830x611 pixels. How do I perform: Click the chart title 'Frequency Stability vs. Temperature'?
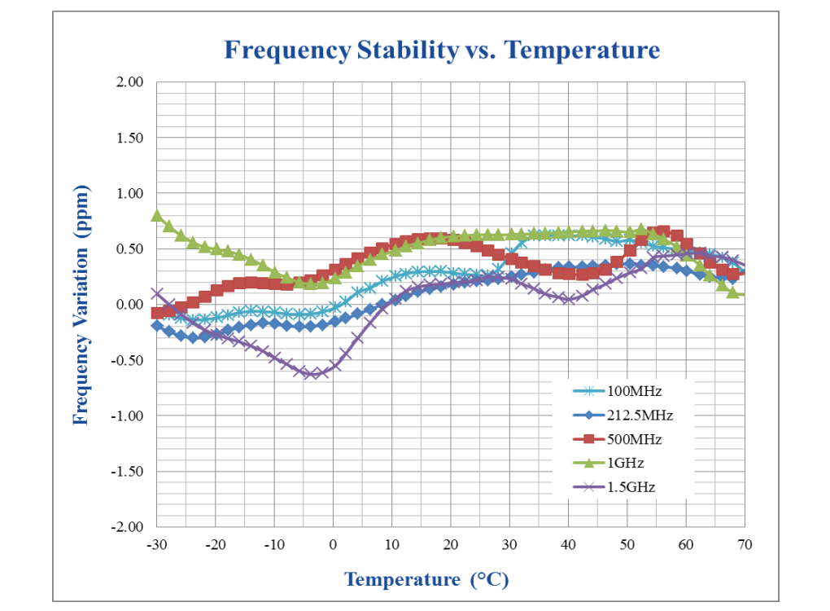pyautogui.click(x=441, y=51)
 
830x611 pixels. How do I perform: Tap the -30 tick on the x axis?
pyautogui.click(x=157, y=543)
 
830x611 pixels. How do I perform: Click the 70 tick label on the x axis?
pyautogui.click(x=744, y=543)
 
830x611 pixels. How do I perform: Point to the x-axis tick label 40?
pyautogui.click(x=568, y=543)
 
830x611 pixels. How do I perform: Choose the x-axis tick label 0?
pyautogui.click(x=333, y=543)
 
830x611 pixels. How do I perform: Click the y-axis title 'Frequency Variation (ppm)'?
pyautogui.click(x=81, y=305)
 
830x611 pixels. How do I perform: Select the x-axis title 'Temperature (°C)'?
pyautogui.click(x=426, y=579)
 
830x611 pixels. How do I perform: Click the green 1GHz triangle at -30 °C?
pyautogui.click(x=157, y=215)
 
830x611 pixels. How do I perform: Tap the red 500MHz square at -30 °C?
pyautogui.click(x=157, y=313)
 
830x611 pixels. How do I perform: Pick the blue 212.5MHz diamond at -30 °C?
pyautogui.click(x=157, y=325)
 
